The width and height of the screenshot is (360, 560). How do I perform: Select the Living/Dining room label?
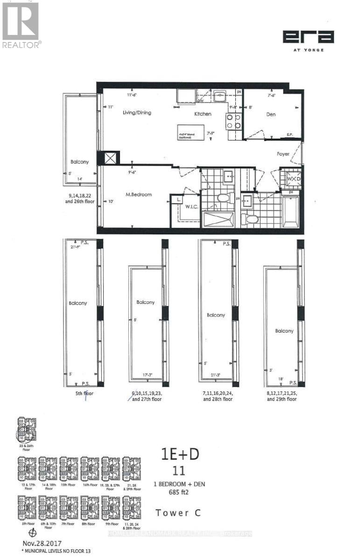coord(137,113)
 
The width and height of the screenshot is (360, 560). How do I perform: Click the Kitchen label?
coord(203,114)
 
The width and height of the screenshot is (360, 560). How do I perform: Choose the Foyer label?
coord(283,154)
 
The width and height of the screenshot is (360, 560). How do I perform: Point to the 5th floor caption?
coord(81,393)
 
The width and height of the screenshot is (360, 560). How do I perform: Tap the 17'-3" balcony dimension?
coord(152,375)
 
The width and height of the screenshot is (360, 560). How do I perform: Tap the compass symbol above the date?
coord(32,533)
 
